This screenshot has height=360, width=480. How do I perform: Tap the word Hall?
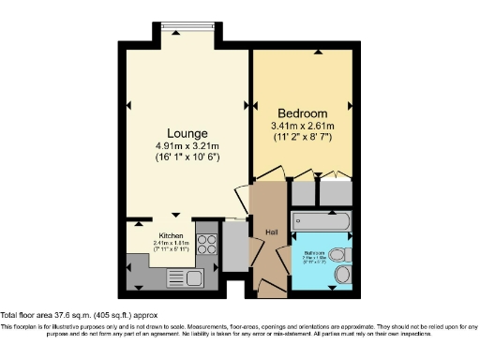pos(272,232)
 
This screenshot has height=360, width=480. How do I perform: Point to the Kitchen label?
pos(170,234)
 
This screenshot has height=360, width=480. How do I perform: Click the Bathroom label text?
pos(313,252)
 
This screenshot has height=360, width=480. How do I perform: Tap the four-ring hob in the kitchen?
pos(205,244)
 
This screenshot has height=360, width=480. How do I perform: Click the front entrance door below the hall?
pos(272,291)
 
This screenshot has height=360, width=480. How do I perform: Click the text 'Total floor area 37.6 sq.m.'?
pos(49,314)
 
